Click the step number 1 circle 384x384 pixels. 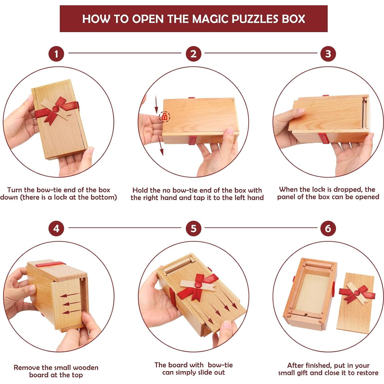(x=56, y=54)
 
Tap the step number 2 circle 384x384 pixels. (x=193, y=54)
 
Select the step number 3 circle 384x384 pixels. (x=328, y=54)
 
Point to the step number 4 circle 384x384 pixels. (x=56, y=228)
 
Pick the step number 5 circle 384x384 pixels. (x=193, y=228)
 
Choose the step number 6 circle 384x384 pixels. (x=328, y=228)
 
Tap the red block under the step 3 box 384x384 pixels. (x=324, y=138)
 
